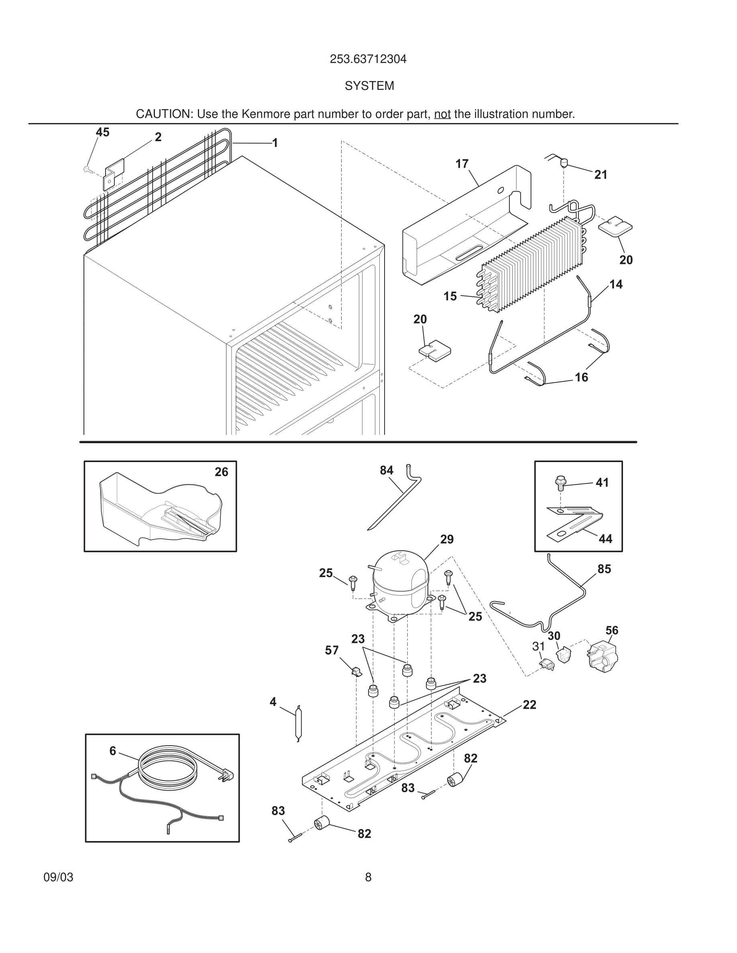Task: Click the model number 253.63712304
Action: [x=368, y=59]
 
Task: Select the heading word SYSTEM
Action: [x=369, y=86]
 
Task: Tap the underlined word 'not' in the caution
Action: [x=442, y=114]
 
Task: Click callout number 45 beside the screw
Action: [x=103, y=132]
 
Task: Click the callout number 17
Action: [x=462, y=164]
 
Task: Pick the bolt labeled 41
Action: [x=560, y=482]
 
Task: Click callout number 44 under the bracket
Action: [x=605, y=539]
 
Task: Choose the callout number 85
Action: [x=604, y=569]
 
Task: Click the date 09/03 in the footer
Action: [x=59, y=877]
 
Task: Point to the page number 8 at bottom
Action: [x=368, y=877]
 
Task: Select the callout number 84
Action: [x=387, y=470]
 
